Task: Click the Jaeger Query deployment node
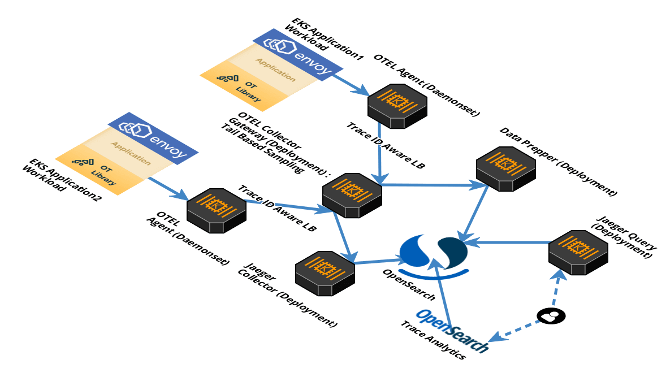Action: point(578,250)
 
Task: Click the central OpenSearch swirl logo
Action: point(433,253)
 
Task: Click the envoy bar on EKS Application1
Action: point(298,53)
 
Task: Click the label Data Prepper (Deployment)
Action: point(556,162)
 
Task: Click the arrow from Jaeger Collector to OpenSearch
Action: point(379,261)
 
